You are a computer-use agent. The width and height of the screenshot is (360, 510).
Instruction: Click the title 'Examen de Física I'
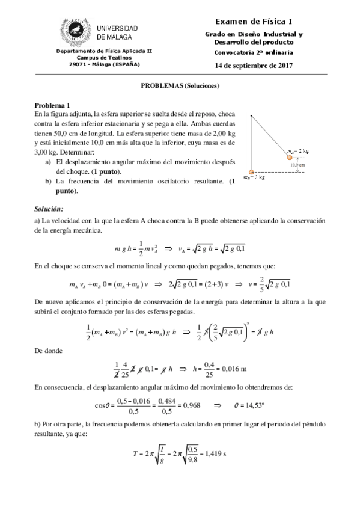[259, 22]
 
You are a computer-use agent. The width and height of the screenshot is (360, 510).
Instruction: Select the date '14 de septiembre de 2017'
[253, 64]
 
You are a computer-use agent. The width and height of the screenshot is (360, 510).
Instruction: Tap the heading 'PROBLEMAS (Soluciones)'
[180, 85]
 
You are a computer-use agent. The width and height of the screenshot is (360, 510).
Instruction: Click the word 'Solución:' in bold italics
[49, 209]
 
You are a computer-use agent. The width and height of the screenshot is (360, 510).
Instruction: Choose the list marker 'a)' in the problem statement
[49, 162]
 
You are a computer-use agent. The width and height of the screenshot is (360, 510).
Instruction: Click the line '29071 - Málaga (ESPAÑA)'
[105, 63]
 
